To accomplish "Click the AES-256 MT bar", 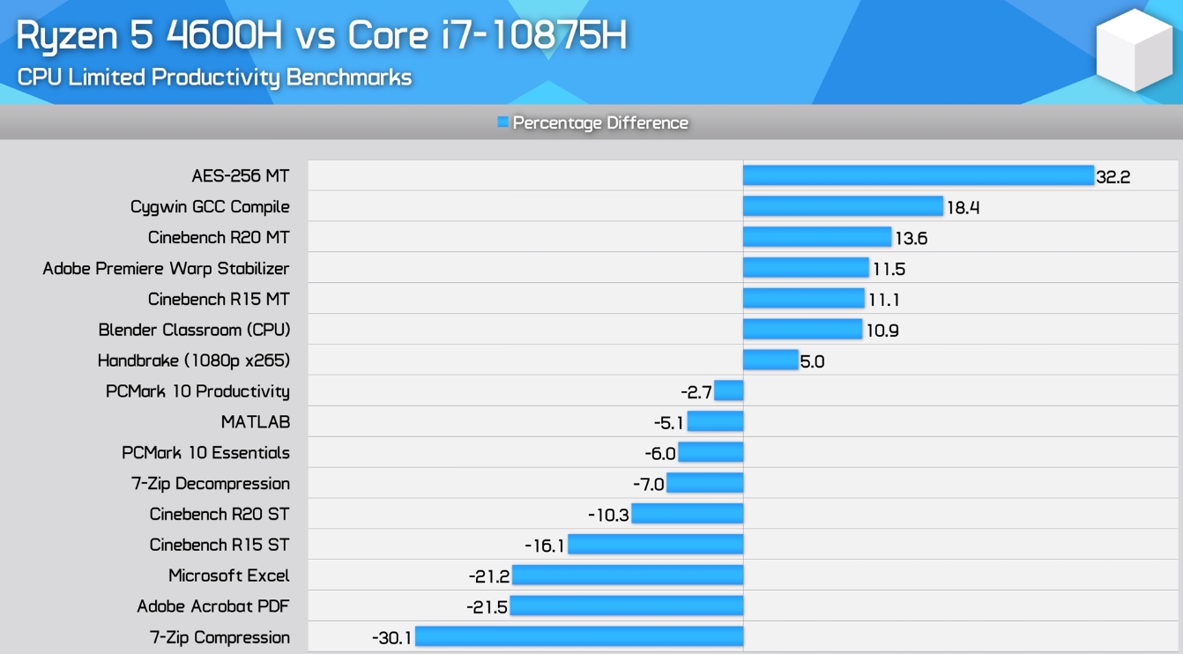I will coord(918,175).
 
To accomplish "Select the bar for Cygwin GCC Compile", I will coord(843,206).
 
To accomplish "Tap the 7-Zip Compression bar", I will coord(579,636).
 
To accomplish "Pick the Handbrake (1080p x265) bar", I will coord(770,360).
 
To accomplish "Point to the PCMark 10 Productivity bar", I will coord(729,390).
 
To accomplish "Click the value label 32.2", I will coord(1112,176).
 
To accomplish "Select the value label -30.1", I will coord(392,637).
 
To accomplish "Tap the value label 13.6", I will coord(911,238).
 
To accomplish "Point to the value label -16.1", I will coord(544,546).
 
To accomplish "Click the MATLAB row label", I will coord(255,422).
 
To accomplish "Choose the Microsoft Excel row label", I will coord(228,576).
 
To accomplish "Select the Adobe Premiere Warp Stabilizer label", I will coord(166,268).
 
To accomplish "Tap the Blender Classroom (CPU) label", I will coord(194,330).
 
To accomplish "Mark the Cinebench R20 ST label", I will coord(219,514).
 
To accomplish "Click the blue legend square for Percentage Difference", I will coord(503,123).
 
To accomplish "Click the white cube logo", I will coord(1134,52).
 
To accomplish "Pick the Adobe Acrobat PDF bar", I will coord(626,606).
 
